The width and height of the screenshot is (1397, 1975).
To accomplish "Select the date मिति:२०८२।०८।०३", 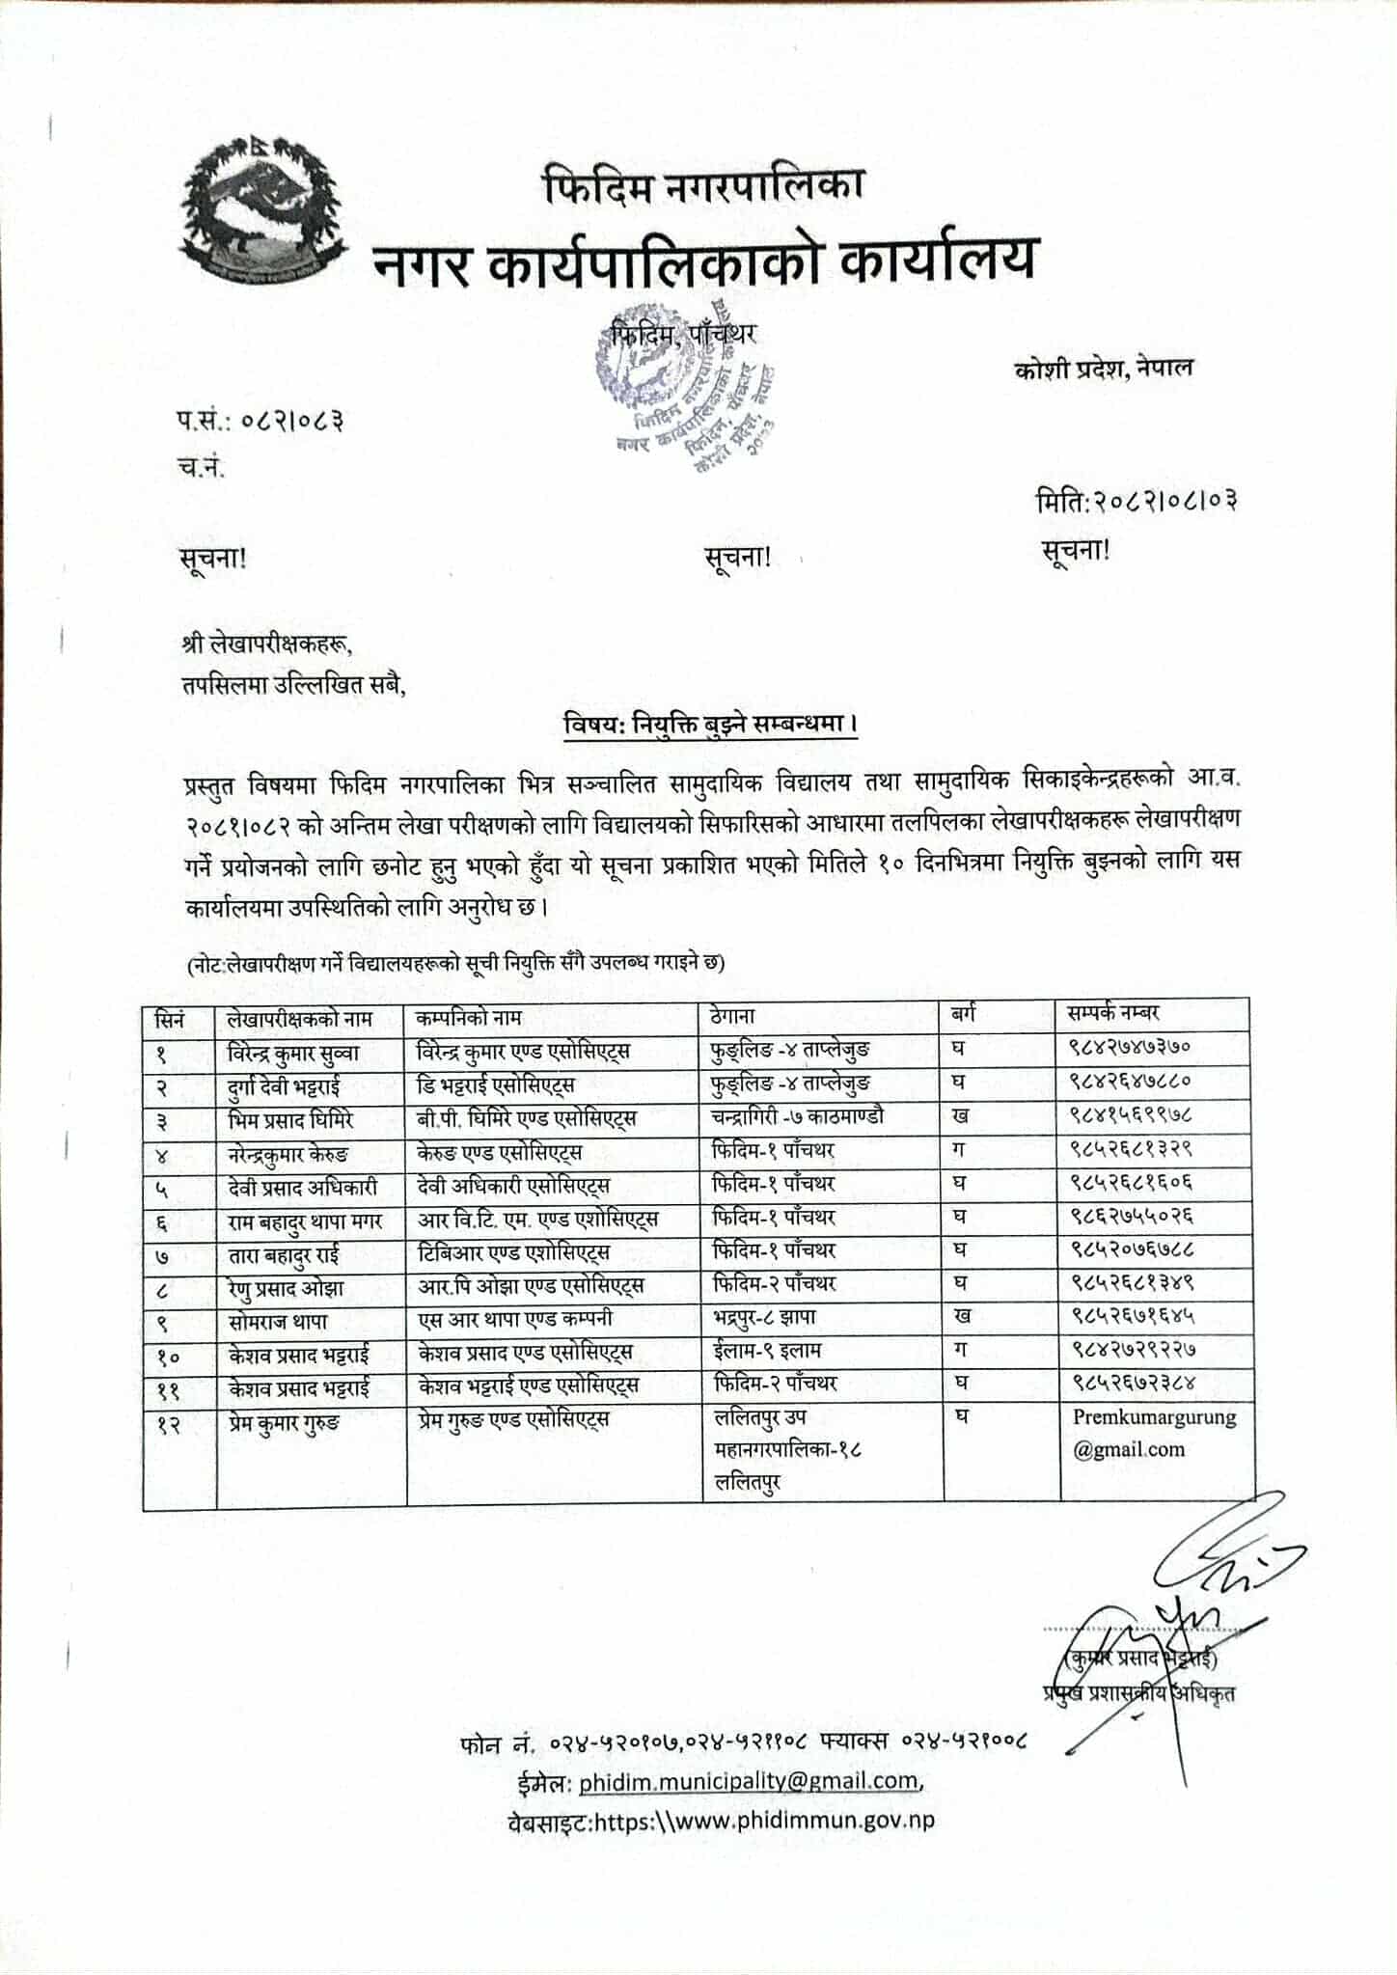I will coord(1137,501).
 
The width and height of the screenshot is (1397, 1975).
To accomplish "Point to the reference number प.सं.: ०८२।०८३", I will coord(259,422).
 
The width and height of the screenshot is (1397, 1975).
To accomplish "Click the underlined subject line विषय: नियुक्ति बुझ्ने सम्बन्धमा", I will coord(711,725).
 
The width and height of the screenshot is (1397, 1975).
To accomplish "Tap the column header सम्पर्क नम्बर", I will coord(1112,1014).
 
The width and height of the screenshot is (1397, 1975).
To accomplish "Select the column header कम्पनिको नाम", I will coord(469,1017).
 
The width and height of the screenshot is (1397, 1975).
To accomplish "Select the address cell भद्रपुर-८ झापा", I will coord(763,1317).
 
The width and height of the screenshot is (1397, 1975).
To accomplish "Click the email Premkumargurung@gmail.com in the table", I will coord(1154,1434).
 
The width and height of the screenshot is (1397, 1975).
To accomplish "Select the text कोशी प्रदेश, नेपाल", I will coord(1104,368).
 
